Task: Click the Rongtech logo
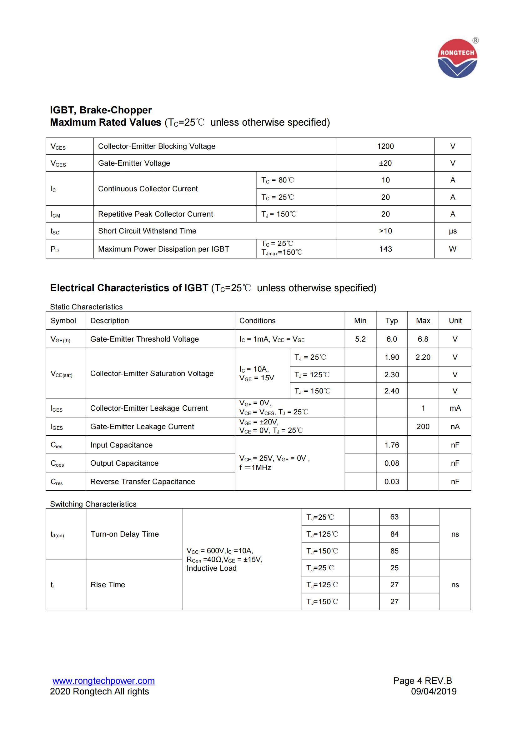[457, 58]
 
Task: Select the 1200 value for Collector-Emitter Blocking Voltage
[385, 146]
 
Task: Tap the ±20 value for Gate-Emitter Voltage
[385, 163]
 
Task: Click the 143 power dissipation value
[385, 249]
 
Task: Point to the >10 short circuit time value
[385, 231]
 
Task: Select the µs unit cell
[452, 231]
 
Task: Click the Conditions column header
[257, 321]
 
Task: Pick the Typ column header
[392, 321]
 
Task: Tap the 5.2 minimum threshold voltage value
[360, 339]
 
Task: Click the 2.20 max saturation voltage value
[423, 357]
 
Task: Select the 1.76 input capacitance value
[392, 445]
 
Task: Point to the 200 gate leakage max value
[423, 426]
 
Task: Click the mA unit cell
[455, 408]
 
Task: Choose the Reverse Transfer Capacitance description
[143, 481]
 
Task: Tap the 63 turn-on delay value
[394, 517]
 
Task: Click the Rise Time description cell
[108, 584]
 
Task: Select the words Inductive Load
[211, 568]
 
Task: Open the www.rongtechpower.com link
[103, 681]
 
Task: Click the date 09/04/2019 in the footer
[434, 691]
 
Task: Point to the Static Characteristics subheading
[86, 307]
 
